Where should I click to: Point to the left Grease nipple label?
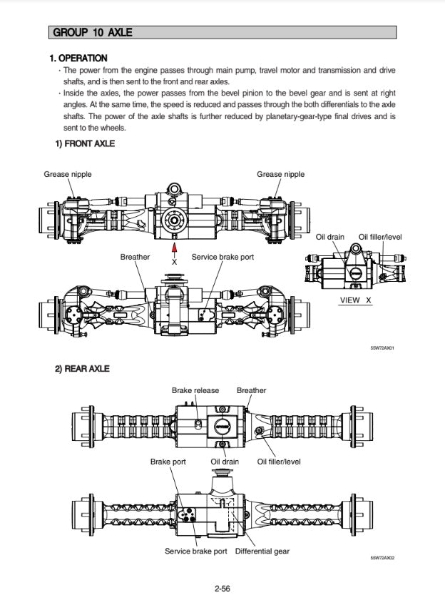click(68, 174)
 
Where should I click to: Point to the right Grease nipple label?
click(280, 174)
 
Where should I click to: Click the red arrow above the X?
click(174, 249)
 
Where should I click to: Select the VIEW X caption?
click(355, 300)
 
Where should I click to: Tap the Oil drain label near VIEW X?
click(330, 237)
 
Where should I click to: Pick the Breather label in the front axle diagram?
click(135, 257)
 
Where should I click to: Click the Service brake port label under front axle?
click(222, 257)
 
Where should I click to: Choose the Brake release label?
click(195, 390)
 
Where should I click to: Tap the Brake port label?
click(168, 462)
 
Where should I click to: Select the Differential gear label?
click(262, 551)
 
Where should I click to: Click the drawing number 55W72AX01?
click(382, 348)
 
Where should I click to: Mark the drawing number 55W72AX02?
click(382, 558)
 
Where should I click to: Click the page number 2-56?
click(222, 589)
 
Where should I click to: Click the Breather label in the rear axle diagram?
click(251, 390)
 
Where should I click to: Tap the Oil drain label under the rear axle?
click(224, 462)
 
